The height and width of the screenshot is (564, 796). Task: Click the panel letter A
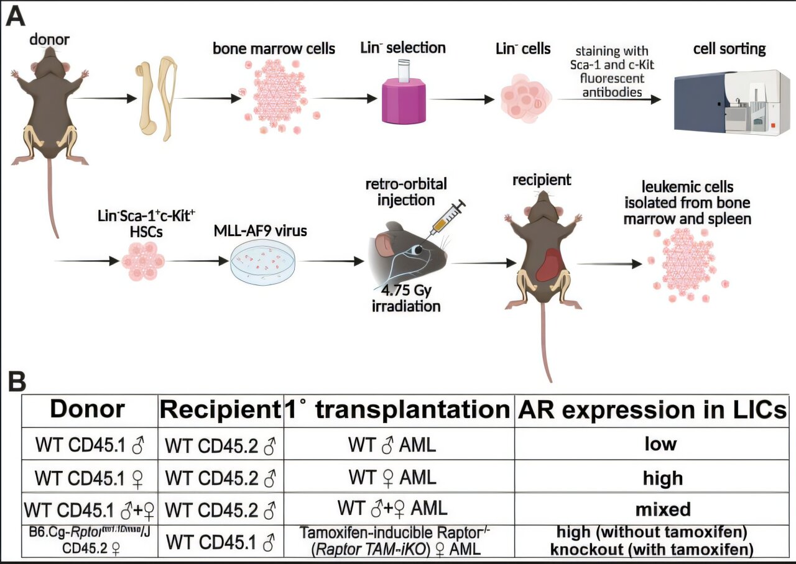(x=15, y=16)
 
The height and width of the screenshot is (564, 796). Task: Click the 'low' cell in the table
(x=651, y=444)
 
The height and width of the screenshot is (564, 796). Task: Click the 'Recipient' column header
(x=220, y=410)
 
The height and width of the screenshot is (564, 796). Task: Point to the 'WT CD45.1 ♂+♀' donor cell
(x=88, y=509)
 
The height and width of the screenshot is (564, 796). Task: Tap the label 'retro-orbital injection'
(x=399, y=192)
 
